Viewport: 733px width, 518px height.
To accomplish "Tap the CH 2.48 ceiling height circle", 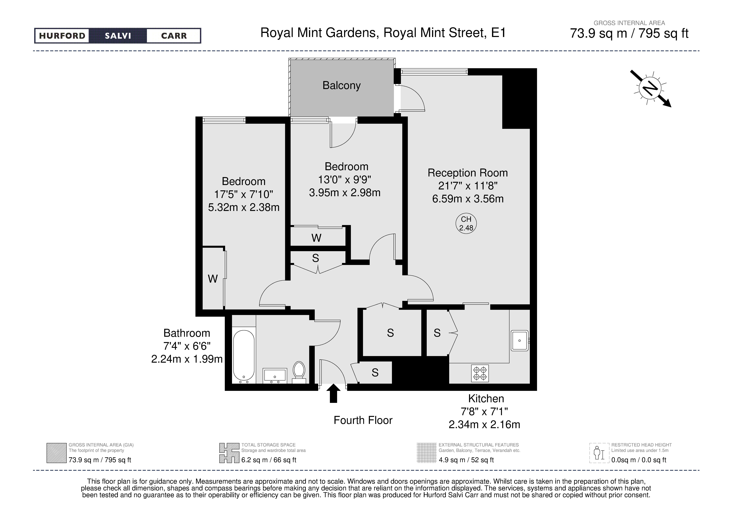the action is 466,224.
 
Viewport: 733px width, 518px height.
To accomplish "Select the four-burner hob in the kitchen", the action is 480,373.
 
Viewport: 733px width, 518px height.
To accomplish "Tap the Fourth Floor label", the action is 363,420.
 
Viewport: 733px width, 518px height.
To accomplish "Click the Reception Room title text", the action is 468,173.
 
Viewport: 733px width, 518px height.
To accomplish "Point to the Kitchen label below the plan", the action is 486,399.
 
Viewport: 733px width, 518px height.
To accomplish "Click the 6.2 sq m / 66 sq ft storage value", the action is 269,460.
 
